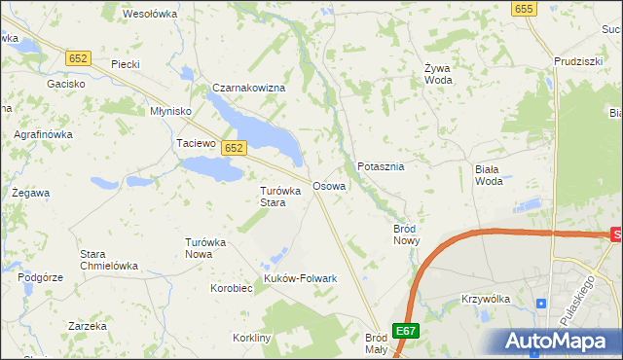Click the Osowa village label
tap(328, 185)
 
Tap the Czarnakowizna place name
tap(248, 88)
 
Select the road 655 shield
tap(524, 8)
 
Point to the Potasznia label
tap(381, 166)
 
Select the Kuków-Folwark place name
tap(301, 278)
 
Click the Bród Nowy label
tap(405, 234)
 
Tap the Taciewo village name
tap(195, 143)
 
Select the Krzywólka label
tap(487, 299)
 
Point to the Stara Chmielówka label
tap(108, 260)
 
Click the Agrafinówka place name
tap(42, 134)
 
